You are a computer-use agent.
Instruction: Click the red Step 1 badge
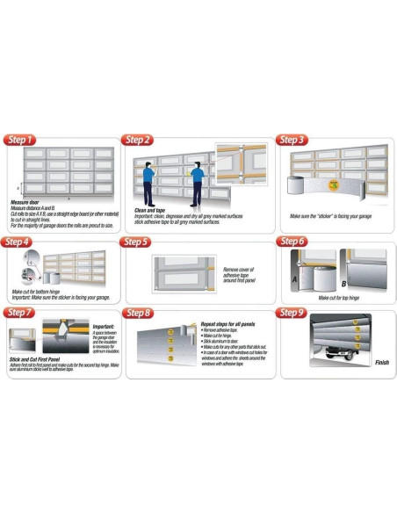[x=21, y=140]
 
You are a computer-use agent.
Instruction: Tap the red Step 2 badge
[x=138, y=140]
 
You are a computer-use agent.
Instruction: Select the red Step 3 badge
[x=291, y=140]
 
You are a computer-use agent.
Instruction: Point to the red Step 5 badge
[x=137, y=241]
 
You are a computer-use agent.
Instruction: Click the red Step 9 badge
[x=292, y=312]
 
